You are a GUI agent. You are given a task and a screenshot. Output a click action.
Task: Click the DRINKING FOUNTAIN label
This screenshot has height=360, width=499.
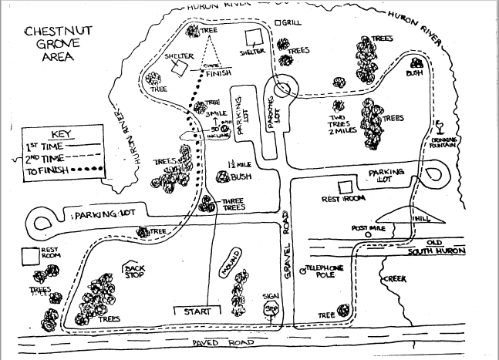[446, 140]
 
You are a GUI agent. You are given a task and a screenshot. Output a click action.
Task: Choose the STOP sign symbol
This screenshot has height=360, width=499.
[271, 309]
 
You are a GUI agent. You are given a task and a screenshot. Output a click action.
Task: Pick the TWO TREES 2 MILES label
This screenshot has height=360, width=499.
[340, 124]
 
